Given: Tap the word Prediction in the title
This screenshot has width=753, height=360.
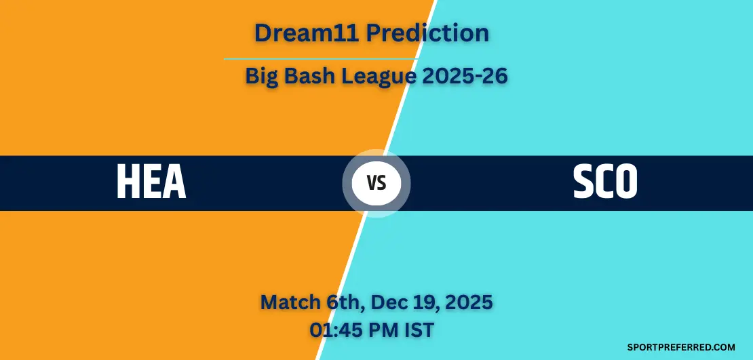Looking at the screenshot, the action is pyautogui.click(x=427, y=33).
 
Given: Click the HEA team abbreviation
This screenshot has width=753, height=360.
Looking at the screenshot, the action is pyautogui.click(x=151, y=182).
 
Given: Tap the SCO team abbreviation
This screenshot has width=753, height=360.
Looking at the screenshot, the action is pyautogui.click(x=605, y=182).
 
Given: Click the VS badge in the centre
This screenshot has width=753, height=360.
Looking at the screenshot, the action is pyautogui.click(x=376, y=183).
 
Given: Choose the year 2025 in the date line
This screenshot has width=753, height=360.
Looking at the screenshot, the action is pyautogui.click(x=467, y=302).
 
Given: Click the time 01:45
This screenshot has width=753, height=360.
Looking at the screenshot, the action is pyautogui.click(x=337, y=329).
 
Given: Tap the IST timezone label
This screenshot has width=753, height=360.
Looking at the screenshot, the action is pyautogui.click(x=418, y=329).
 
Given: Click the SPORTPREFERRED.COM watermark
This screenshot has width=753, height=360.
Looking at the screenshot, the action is pyautogui.click(x=681, y=347).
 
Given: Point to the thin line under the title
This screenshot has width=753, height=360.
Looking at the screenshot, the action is pyautogui.click(x=321, y=59).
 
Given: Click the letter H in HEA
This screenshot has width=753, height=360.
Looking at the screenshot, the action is pyautogui.click(x=128, y=182).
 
